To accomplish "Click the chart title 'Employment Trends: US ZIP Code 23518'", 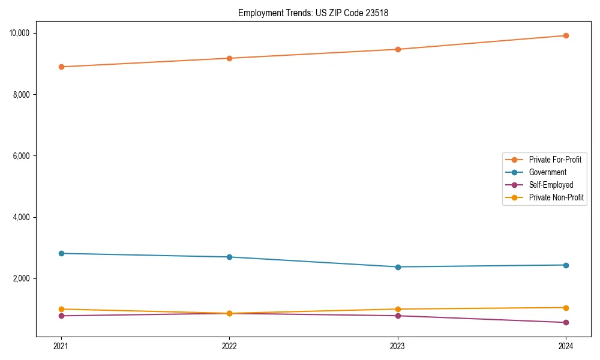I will [x=313, y=13].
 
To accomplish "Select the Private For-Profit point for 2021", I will [x=61, y=67].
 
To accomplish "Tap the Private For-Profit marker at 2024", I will [x=566, y=35].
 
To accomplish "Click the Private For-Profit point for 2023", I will [x=398, y=49].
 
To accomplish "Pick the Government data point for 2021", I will [x=61, y=253].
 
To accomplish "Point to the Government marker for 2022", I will [x=229, y=257].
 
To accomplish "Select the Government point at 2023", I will [x=398, y=267].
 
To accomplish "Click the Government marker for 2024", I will [x=566, y=265].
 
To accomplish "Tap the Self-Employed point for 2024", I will [x=566, y=322].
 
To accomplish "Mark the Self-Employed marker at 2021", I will [x=61, y=316].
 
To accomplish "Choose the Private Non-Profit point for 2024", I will [x=566, y=308].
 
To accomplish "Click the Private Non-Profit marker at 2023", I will [x=398, y=309].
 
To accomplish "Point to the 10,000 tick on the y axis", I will [x=23, y=33].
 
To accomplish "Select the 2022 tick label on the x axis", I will [x=229, y=346].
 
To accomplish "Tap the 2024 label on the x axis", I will [x=566, y=346].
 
